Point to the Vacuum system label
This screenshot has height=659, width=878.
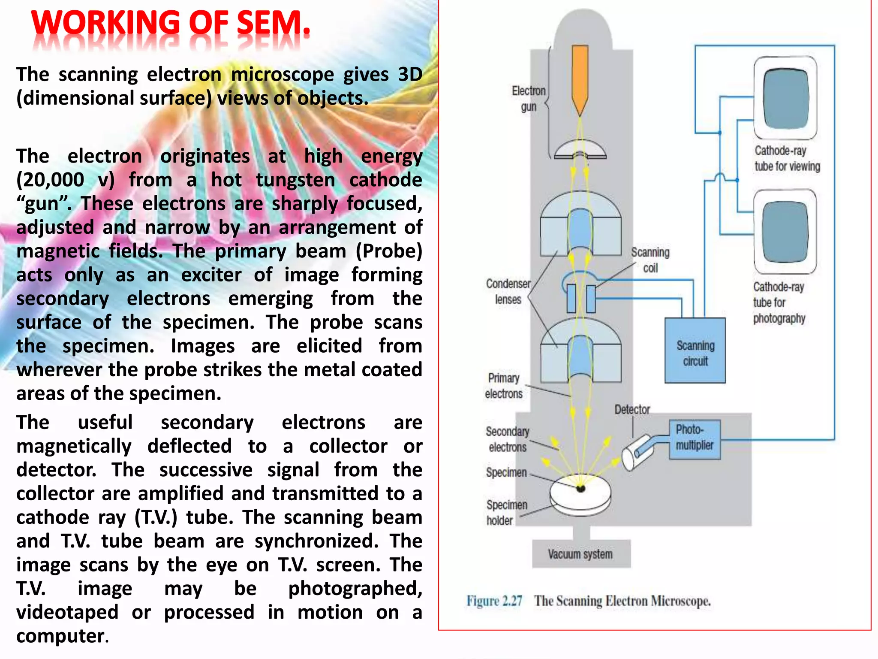coord(580,554)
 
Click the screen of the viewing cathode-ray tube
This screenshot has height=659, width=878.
coord(786,98)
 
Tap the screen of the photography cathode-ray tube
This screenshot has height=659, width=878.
coord(785,232)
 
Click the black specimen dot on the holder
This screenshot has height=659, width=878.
coord(581,488)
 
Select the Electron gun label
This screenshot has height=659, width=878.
coord(529,99)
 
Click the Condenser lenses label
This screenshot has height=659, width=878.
coord(508,291)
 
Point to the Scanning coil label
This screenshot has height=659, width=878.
coord(650,260)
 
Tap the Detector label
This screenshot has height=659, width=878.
coord(632,410)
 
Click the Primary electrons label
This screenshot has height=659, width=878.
coord(504,386)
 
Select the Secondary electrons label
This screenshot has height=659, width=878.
coord(508,439)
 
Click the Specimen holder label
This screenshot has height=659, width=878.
coord(506,512)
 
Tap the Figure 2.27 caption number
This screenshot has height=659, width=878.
coord(494,601)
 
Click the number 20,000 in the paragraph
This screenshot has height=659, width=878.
coord(50,180)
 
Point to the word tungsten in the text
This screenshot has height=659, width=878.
coord(295,180)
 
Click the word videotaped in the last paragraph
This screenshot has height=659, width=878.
coord(67,612)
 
